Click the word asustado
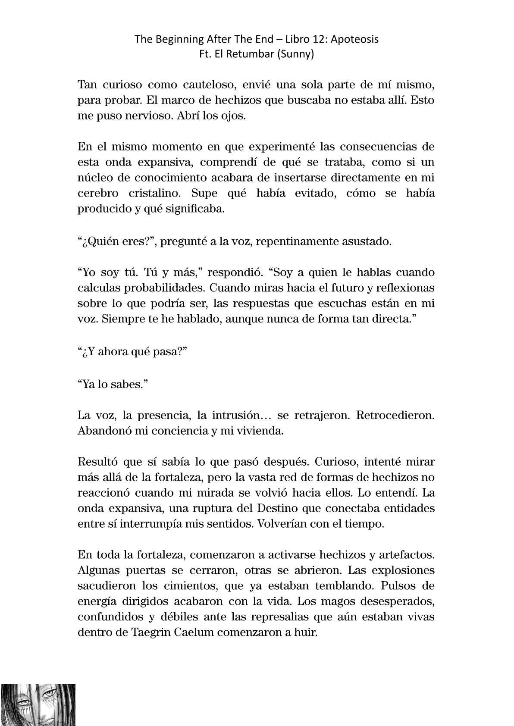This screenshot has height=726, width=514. pos(366,241)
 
